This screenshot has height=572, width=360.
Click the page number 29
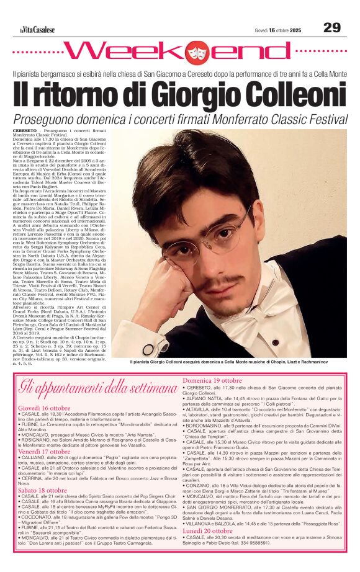332,27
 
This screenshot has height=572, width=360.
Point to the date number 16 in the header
272,30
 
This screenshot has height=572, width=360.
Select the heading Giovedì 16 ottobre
43,408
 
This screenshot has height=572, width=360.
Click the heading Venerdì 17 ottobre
43,451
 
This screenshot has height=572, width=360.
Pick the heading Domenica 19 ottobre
212,380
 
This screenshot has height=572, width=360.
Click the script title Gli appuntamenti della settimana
98,389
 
